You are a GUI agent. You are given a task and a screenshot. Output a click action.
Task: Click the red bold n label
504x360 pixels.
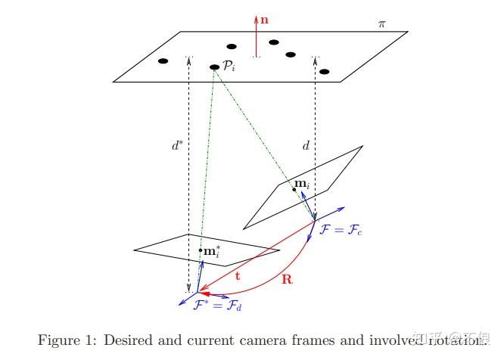(x=264, y=20)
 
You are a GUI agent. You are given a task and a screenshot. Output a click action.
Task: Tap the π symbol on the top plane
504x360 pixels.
(x=381, y=24)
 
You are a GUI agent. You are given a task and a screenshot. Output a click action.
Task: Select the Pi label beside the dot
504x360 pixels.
(x=229, y=67)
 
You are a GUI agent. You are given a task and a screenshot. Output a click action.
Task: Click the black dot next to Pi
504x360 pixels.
(x=215, y=67)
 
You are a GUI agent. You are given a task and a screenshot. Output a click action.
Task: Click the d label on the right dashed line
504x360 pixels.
(x=306, y=145)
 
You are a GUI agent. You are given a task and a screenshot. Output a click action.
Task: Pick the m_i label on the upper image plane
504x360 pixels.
(x=303, y=184)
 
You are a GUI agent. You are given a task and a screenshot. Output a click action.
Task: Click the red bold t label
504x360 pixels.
(x=238, y=276)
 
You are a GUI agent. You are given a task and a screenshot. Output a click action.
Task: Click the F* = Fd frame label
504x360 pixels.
(x=218, y=306)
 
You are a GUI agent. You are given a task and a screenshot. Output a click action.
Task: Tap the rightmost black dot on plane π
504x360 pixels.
(x=325, y=72)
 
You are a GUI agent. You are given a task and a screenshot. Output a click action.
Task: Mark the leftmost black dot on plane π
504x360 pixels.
(x=163, y=61)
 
